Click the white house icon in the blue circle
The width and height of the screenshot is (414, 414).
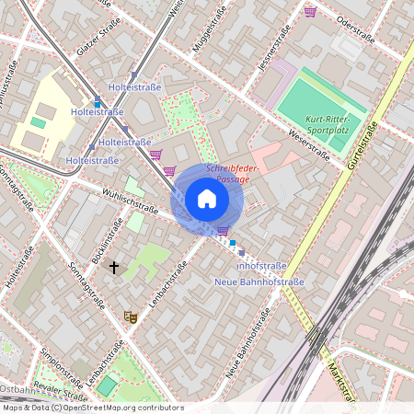pos(207,199)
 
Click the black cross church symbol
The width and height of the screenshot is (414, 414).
pos(114,268)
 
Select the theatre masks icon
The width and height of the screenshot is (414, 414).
pos(131,316)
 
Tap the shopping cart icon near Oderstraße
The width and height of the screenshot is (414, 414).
pos(310,11)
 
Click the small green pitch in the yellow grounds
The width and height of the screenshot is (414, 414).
pos(38,121)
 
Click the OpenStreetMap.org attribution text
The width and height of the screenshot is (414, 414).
pos(119,407)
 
